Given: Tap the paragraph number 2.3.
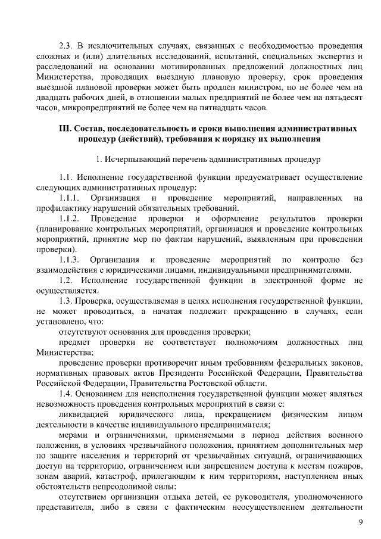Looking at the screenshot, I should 67,45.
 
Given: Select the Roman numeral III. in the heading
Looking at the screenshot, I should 65,128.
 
